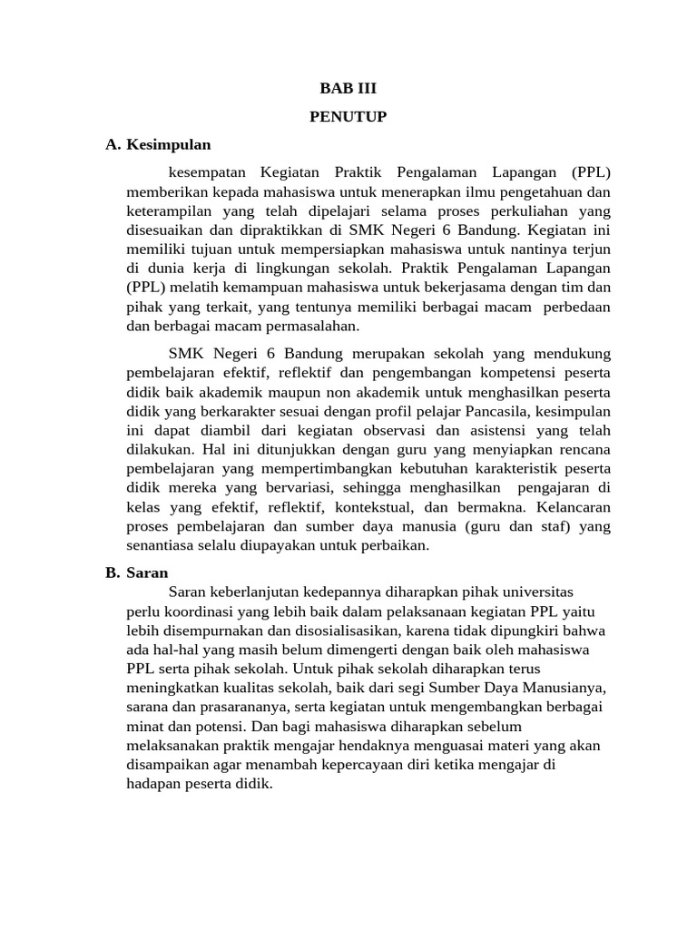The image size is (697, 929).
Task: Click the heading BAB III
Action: click(x=348, y=88)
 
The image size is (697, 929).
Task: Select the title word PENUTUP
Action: click(x=348, y=116)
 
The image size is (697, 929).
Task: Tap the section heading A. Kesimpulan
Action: click(x=158, y=144)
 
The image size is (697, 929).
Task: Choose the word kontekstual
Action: click(x=380, y=506)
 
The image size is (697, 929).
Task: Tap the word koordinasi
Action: click(x=187, y=611)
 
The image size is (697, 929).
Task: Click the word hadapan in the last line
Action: click(x=155, y=783)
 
